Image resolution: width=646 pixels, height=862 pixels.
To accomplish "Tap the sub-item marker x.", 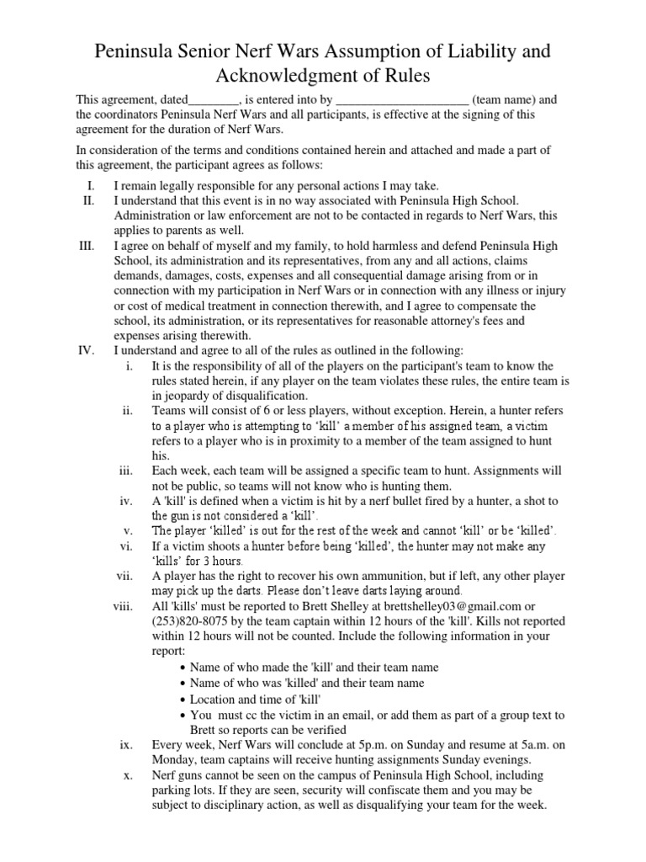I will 128,774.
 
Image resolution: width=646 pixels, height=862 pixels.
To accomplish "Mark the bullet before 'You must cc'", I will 183,716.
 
